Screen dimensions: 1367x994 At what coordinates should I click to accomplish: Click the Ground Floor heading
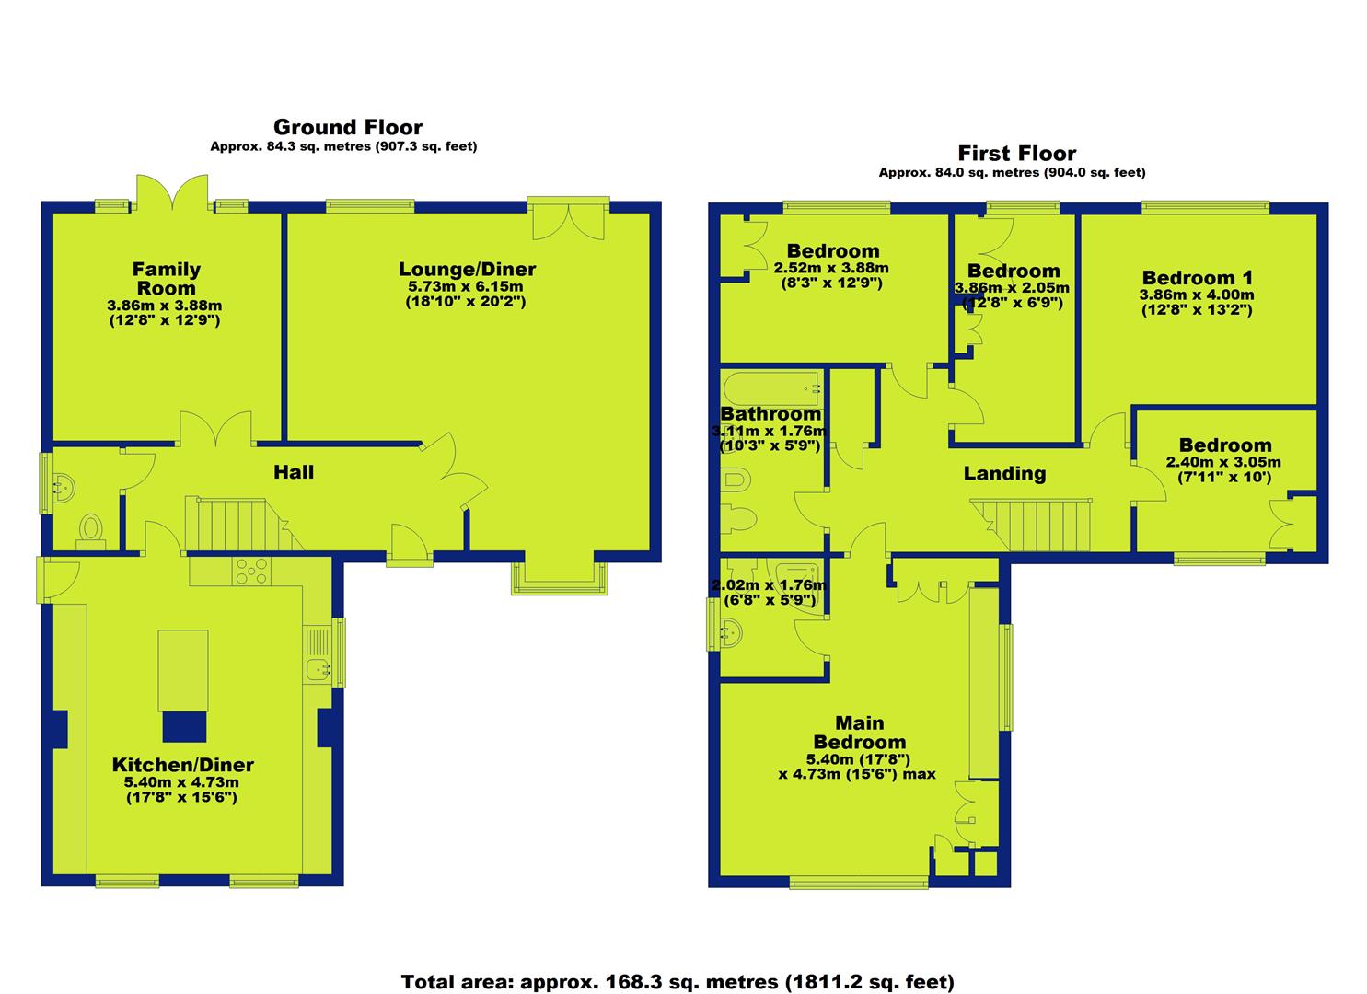pyautogui.click(x=348, y=127)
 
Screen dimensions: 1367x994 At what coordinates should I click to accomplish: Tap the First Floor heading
pyautogui.click(x=1016, y=153)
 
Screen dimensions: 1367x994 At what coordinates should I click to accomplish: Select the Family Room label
pyautogui.click(x=166, y=278)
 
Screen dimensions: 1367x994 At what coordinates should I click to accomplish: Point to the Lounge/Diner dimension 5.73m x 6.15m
pyautogui.click(x=466, y=286)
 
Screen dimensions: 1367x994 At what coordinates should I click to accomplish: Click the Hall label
pyautogui.click(x=294, y=471)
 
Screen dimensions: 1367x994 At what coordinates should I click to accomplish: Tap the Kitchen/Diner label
pyautogui.click(x=182, y=765)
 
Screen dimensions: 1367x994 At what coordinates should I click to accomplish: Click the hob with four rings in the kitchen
pyautogui.click(x=251, y=572)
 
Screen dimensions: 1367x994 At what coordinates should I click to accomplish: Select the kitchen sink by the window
pyautogui.click(x=318, y=669)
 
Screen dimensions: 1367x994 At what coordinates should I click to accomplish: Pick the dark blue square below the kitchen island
pyautogui.click(x=184, y=727)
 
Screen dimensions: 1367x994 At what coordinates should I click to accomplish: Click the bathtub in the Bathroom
pyautogui.click(x=772, y=388)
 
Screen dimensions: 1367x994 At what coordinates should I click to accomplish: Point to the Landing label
pyautogui.click(x=1004, y=473)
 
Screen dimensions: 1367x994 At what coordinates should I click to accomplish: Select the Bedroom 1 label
pyautogui.click(x=1198, y=278)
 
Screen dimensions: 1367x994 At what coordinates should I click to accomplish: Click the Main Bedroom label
pyautogui.click(x=859, y=733)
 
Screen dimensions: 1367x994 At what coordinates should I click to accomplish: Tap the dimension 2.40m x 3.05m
pyautogui.click(x=1223, y=463)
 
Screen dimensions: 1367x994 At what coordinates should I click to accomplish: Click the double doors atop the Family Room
pyautogui.click(x=173, y=193)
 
